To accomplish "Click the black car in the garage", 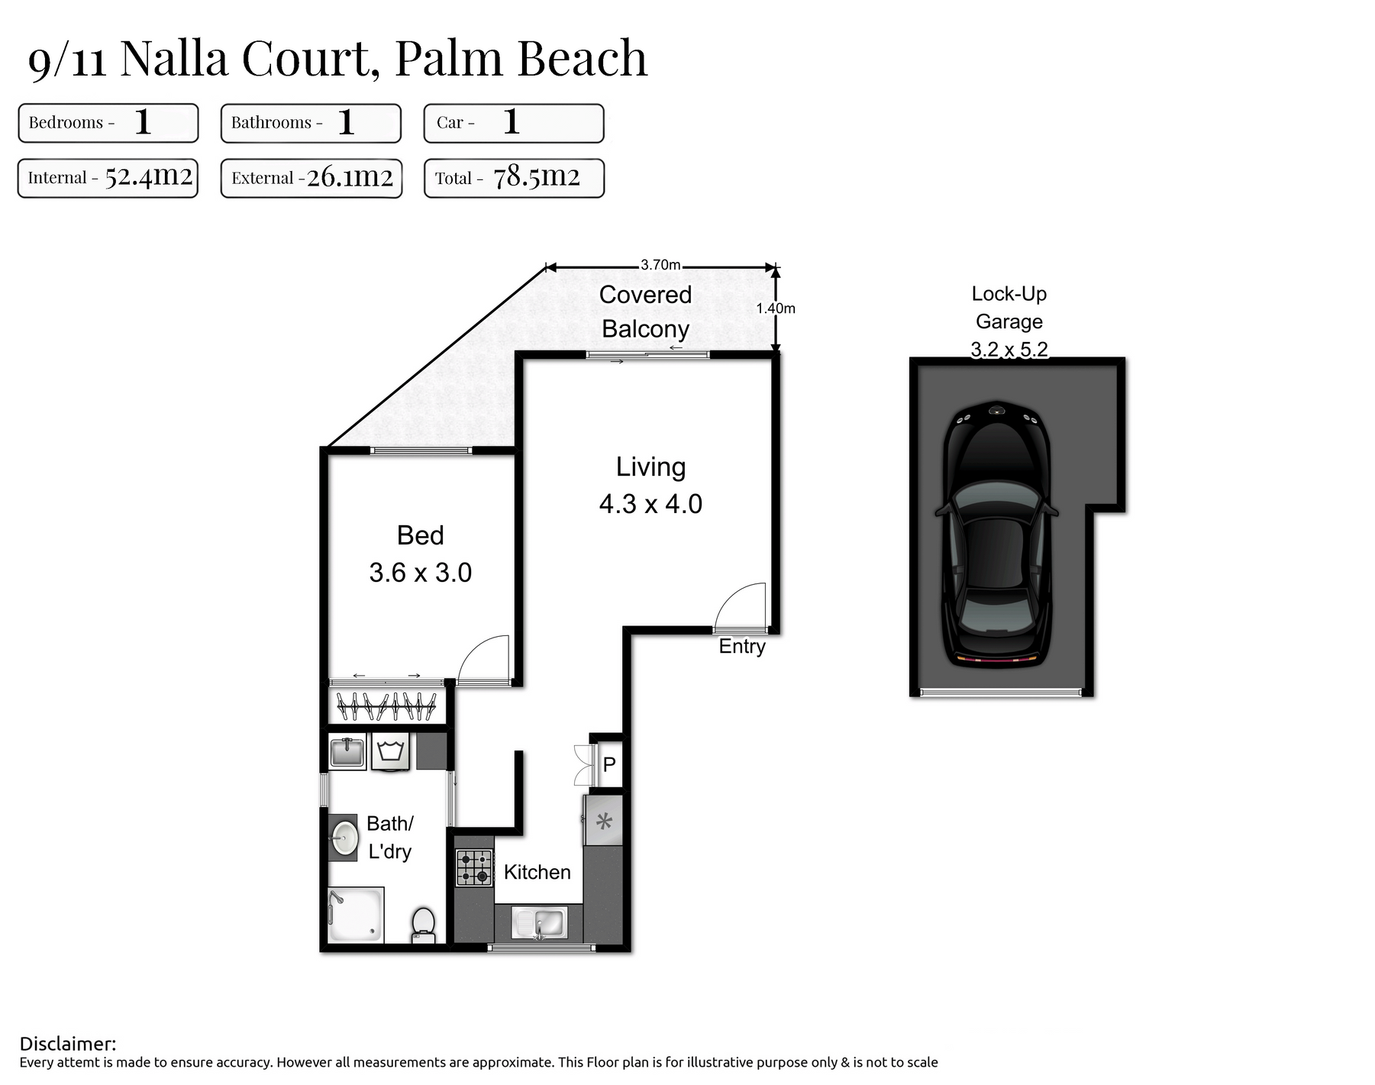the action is pyautogui.click(x=997, y=534).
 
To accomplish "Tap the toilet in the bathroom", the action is pyautogui.click(x=423, y=925).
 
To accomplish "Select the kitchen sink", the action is pyautogui.click(x=539, y=923).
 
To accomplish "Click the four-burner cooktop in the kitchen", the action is pyautogui.click(x=474, y=867).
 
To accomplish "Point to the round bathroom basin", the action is pyautogui.click(x=345, y=837).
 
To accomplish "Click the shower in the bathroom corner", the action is pyautogui.click(x=356, y=915).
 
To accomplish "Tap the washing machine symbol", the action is pyautogui.click(x=391, y=751).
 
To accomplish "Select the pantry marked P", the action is pyautogui.click(x=609, y=764).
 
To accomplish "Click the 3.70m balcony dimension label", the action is pyautogui.click(x=660, y=265).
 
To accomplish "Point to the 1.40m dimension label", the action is pyautogui.click(x=776, y=308).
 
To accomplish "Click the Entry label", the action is pyautogui.click(x=742, y=647).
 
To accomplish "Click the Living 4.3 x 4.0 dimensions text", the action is pyautogui.click(x=650, y=504).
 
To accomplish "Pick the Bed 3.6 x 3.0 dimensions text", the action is pyautogui.click(x=421, y=573).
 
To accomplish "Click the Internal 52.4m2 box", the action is pyautogui.click(x=108, y=178).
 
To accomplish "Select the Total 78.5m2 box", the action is pyautogui.click(x=514, y=178).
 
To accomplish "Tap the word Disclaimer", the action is pyautogui.click(x=68, y=1044).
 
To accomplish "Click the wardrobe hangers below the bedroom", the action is pyautogui.click(x=386, y=706).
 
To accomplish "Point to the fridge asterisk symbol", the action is pyautogui.click(x=604, y=822).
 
